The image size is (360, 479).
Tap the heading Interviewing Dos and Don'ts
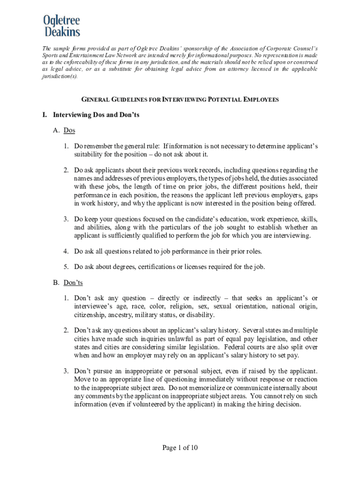click(x=96, y=115)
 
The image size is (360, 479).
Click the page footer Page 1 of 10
click(x=180, y=448)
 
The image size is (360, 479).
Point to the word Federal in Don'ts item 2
click(x=235, y=347)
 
